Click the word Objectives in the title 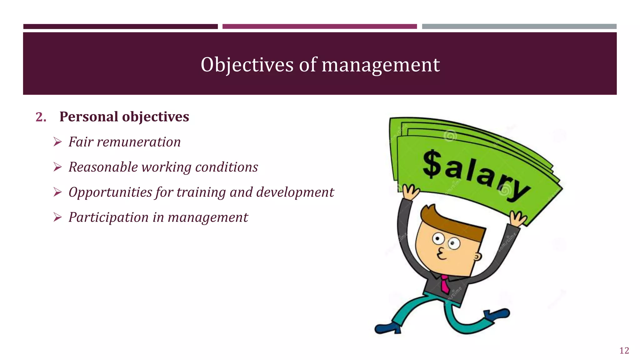[247, 65]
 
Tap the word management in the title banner [381, 65]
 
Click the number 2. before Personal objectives [41, 117]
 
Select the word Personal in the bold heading [88, 117]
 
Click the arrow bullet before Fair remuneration [57, 142]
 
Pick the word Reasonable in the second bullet [103, 167]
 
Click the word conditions [227, 167]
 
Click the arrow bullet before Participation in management [57, 217]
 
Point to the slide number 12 [624, 351]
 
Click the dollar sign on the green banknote [432, 164]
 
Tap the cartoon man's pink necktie [445, 284]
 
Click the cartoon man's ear [477, 257]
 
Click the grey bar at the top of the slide [519, 27]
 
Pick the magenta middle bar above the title [319, 27]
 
